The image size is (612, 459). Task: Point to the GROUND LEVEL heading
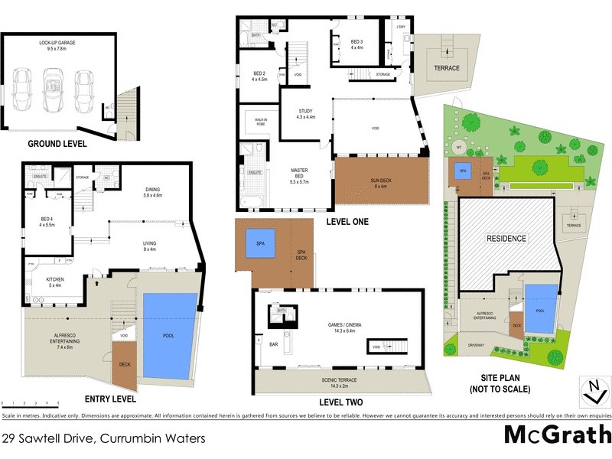point(57,143)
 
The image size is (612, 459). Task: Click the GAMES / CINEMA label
point(339,327)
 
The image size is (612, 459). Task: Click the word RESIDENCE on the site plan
point(506,239)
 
